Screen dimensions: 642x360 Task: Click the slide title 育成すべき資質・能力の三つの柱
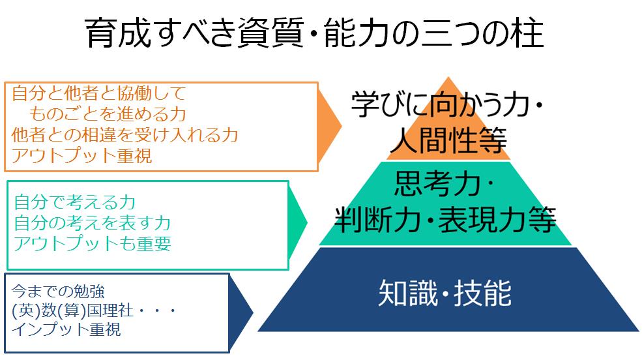314,33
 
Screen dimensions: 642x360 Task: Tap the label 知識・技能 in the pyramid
445,293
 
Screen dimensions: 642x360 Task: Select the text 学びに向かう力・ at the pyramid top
448,104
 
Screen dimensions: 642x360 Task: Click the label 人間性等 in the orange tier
448,140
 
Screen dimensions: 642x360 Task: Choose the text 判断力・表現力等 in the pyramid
445,219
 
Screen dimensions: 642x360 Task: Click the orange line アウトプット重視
82,156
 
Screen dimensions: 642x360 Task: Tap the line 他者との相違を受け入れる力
125,135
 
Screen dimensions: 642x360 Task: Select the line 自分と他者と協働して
99,93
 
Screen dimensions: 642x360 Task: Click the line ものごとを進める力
108,114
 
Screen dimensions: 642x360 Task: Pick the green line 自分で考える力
74,202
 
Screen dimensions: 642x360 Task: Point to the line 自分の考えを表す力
92,223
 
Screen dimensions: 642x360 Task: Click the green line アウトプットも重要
92,244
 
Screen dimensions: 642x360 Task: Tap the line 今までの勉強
58,292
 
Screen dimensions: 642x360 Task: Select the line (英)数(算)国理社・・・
94,310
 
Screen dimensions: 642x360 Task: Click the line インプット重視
66,329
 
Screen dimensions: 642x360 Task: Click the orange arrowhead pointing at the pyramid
329,126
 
